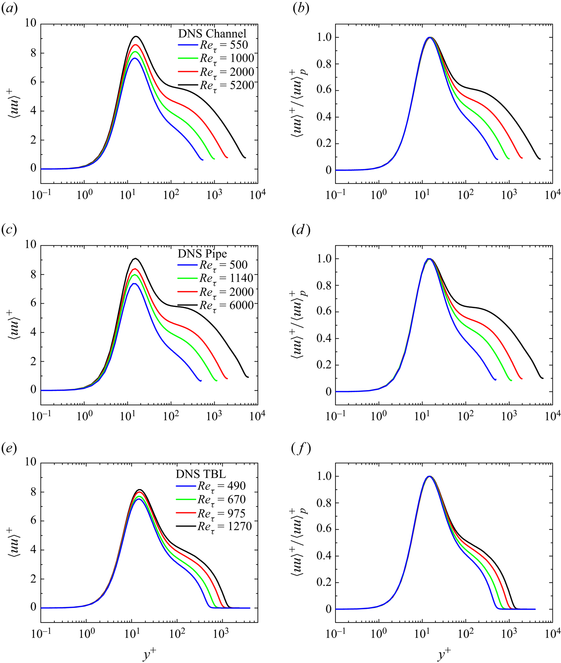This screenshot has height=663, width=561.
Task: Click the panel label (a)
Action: (10, 9)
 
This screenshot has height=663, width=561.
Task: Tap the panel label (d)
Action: (301, 230)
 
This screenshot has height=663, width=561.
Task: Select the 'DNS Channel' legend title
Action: (212, 33)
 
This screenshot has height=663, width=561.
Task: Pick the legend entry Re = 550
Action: (213, 45)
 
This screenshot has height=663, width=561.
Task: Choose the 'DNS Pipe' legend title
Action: (202, 254)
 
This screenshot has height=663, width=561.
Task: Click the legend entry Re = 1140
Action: (216, 278)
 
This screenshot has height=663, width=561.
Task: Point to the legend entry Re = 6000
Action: (216, 305)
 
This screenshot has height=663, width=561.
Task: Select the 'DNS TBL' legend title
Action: (201, 474)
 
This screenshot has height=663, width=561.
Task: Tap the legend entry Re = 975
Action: (211, 513)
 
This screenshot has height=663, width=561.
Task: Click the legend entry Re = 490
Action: (211, 486)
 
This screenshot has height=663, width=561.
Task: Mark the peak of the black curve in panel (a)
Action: (136, 36)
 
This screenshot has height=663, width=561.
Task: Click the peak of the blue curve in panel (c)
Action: (134, 283)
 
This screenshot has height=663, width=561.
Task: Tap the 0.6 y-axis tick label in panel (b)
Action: (324, 91)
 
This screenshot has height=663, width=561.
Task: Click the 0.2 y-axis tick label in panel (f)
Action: (324, 583)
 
